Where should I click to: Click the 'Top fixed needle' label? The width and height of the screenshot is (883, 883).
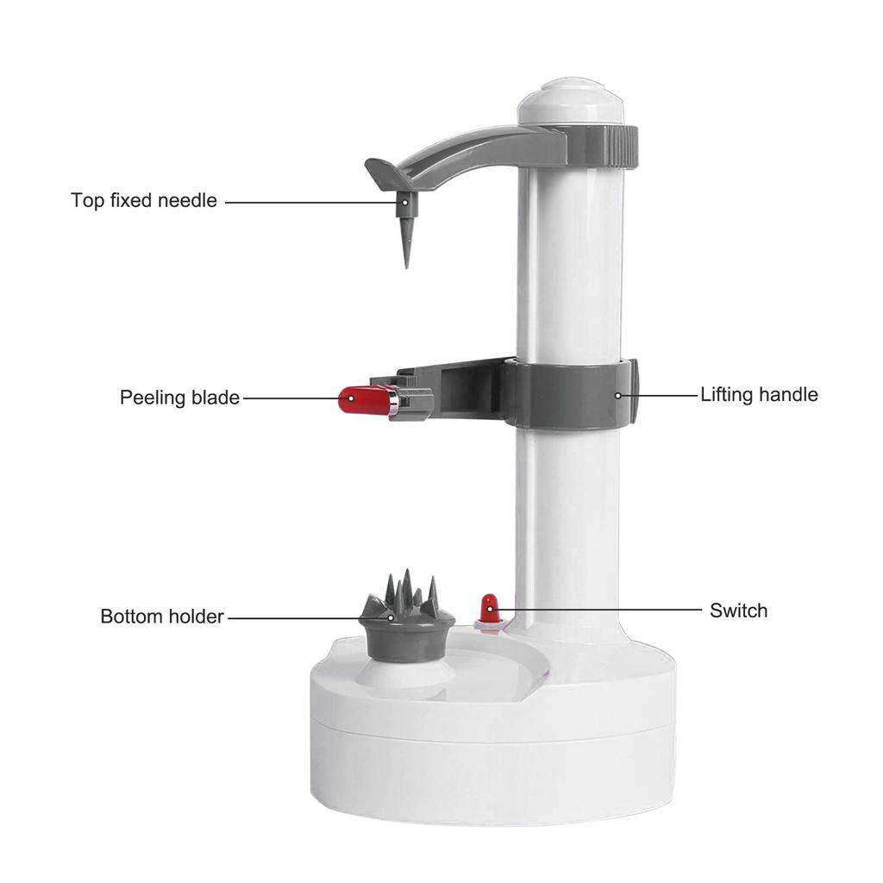tap(143, 201)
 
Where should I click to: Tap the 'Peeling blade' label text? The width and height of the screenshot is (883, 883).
tap(179, 398)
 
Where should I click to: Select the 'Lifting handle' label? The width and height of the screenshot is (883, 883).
tap(759, 395)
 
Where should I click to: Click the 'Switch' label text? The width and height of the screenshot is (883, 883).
tap(738, 611)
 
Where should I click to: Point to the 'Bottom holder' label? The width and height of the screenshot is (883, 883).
tap(162, 617)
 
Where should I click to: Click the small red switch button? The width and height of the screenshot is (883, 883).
tap(489, 607)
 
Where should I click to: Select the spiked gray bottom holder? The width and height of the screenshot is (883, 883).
tap(406, 617)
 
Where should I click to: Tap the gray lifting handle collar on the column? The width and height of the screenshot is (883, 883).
tap(569, 395)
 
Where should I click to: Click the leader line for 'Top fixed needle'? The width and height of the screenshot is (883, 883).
tap(310, 202)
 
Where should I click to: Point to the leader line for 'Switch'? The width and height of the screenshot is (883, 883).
tap(604, 611)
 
